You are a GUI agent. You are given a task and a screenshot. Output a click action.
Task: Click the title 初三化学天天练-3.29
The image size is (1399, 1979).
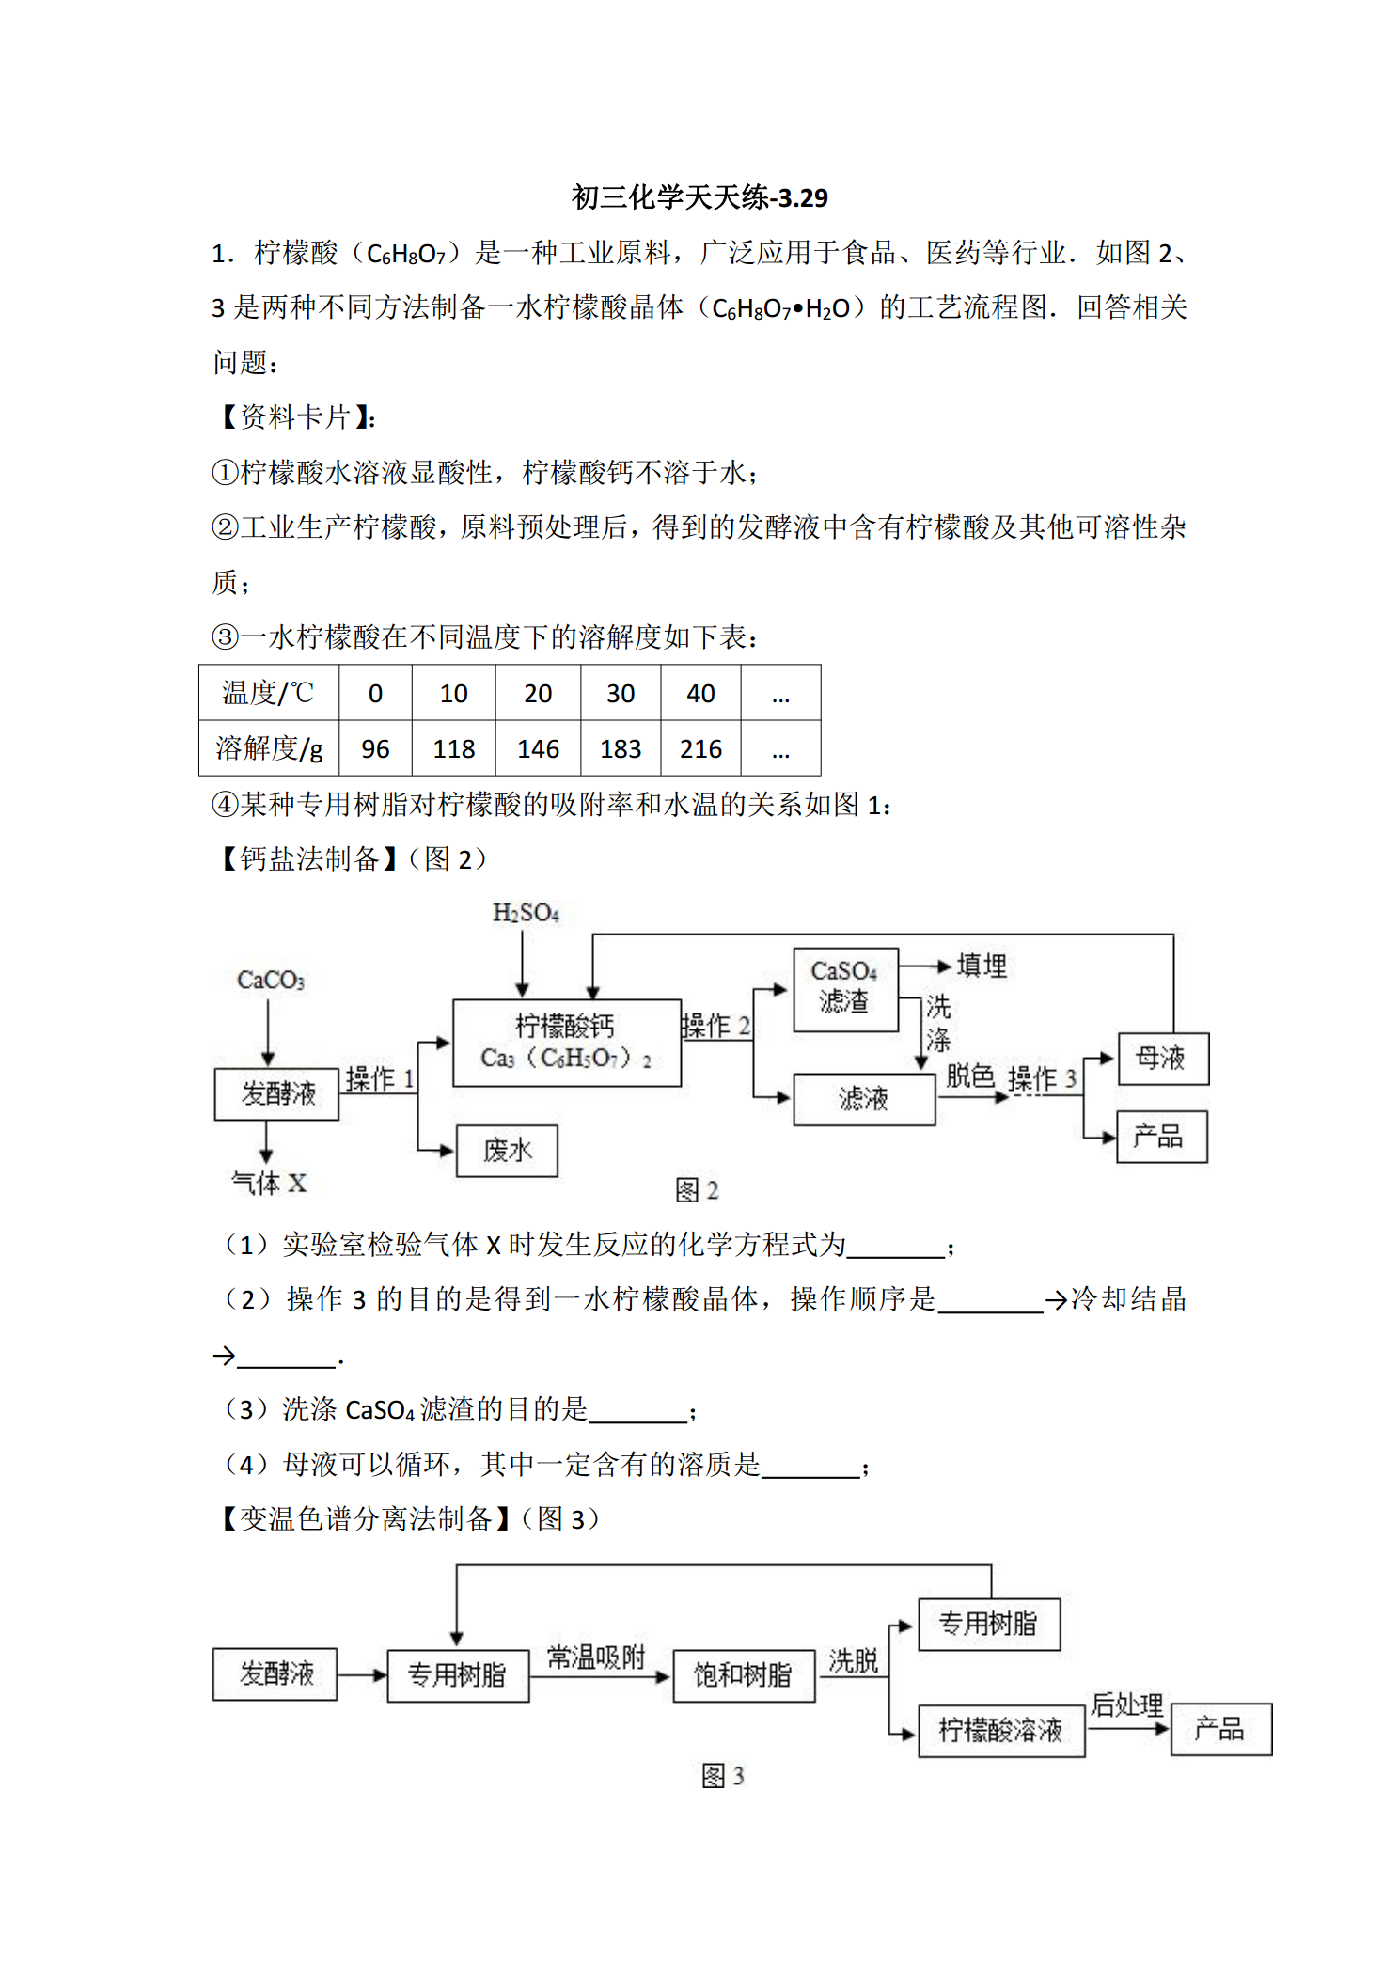coord(699,197)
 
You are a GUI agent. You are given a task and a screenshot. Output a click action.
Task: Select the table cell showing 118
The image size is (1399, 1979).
coord(454,748)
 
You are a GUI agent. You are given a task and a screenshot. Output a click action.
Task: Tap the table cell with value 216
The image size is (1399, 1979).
coord(700,748)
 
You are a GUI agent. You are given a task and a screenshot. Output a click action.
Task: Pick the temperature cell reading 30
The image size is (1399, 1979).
coord(621,693)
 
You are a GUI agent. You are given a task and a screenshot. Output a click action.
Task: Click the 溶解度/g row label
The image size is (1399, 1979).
coord(269,748)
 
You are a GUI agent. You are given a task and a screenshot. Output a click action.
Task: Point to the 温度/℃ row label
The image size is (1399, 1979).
coord(269,693)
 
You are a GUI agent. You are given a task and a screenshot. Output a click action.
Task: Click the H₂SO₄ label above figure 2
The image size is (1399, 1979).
coord(526,913)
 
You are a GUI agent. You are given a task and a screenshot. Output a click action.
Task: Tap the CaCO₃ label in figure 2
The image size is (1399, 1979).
coord(271,981)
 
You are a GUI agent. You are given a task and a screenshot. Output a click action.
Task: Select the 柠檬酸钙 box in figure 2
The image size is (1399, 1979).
coord(567,1043)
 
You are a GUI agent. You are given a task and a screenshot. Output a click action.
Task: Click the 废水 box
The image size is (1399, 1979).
coord(507,1151)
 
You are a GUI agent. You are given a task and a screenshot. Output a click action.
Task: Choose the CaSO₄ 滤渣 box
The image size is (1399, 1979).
coord(845,990)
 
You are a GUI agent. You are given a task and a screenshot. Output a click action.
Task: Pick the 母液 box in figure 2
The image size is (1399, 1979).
coord(1163,1059)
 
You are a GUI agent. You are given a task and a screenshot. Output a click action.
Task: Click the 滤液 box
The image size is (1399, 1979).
coord(864,1099)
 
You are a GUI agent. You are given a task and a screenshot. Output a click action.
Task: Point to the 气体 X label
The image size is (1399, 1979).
coord(269,1183)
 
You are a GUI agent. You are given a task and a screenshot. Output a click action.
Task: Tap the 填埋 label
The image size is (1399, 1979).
coord(982,966)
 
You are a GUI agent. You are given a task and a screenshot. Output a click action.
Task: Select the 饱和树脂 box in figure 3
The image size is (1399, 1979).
coord(744,1675)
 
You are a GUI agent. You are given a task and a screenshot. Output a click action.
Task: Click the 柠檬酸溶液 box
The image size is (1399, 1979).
coord(1001,1731)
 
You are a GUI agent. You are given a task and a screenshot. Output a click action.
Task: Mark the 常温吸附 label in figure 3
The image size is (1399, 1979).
coord(596,1657)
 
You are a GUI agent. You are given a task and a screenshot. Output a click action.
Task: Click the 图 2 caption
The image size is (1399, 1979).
coord(697,1191)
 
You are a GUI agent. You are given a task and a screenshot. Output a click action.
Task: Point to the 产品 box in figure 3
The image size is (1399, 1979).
coord(1221,1729)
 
